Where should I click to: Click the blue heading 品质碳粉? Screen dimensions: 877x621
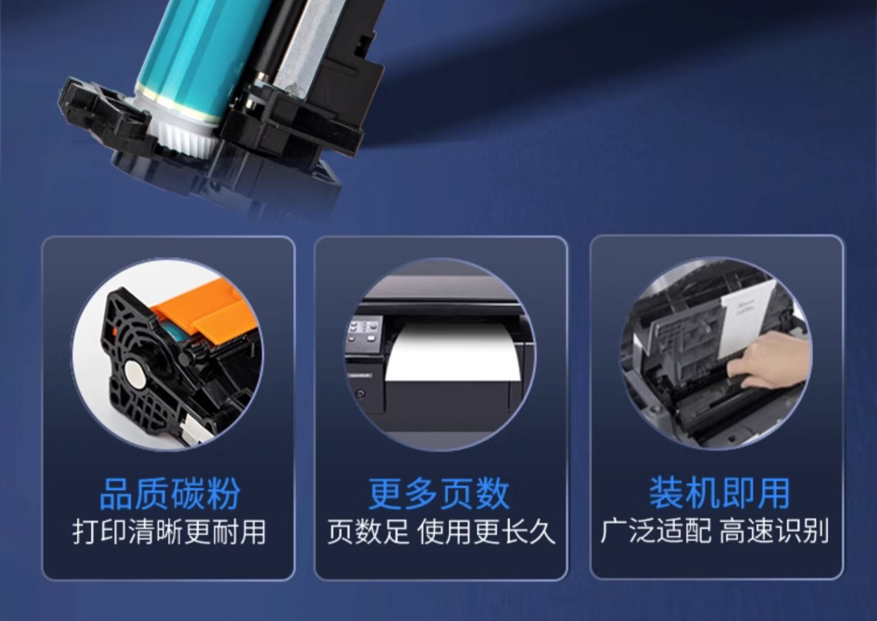pos(170,494)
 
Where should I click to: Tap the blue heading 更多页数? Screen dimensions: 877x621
pos(439,494)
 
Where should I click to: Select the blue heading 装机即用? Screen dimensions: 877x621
pos(719,494)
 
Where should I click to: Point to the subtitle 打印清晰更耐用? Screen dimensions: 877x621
pos(169,532)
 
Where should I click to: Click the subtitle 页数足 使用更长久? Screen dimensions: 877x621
pos(441,532)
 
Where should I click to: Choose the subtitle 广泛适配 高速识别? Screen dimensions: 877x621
pos(714,532)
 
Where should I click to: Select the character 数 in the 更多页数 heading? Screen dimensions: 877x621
pos(492,494)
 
